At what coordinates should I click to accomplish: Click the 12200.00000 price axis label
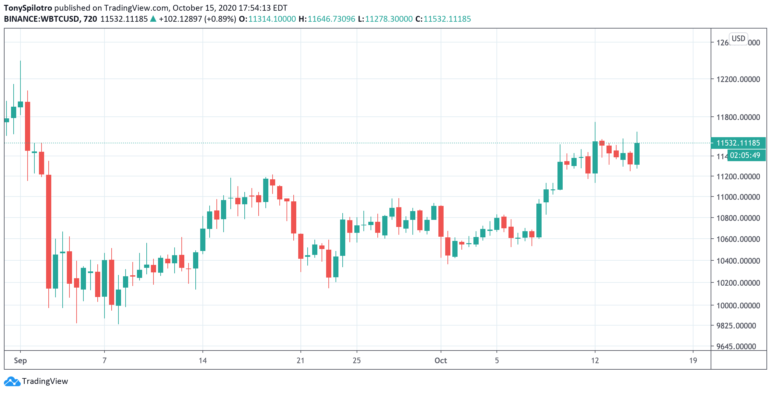point(738,79)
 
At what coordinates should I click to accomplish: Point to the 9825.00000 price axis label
point(736,326)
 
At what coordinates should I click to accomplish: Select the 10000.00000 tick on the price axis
point(738,305)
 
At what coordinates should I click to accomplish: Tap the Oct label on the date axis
point(441,361)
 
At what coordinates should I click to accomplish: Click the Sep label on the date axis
point(20,361)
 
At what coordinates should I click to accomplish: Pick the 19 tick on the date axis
point(693,361)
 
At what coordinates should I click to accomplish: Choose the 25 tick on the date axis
point(357,361)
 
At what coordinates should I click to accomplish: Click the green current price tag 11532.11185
point(738,143)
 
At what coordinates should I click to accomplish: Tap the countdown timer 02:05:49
point(745,155)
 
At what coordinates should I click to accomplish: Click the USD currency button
point(738,39)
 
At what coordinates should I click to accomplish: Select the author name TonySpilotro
point(28,8)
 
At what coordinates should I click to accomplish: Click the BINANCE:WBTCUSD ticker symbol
point(42,19)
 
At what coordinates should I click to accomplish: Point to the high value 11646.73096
point(331,19)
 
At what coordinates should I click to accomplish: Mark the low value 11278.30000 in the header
point(389,19)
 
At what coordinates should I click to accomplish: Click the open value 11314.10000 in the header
point(272,19)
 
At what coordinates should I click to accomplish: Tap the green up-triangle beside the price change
point(153,19)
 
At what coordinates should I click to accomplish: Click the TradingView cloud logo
point(12,381)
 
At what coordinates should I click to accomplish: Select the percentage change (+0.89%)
point(220,19)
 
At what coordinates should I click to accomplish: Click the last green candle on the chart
point(637,154)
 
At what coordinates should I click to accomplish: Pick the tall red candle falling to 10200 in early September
point(49,232)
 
